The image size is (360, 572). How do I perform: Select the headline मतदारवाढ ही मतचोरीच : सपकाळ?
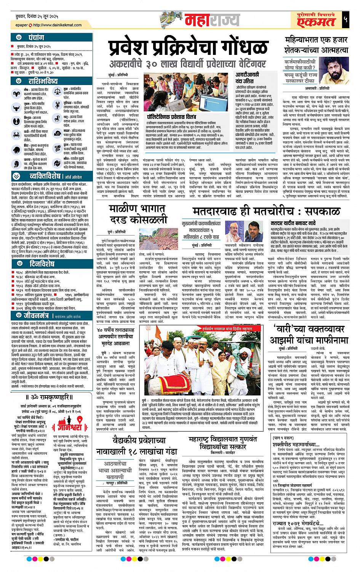(261, 210)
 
